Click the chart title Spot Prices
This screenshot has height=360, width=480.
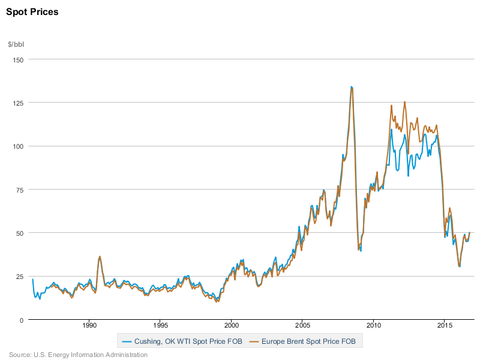pos(32,12)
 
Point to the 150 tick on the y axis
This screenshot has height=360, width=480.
pos(17,59)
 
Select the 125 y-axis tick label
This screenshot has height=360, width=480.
pos(17,103)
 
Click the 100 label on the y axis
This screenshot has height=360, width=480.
pos(17,146)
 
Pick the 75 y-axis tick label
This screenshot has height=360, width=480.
pos(19,189)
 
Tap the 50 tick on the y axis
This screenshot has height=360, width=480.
pos(19,232)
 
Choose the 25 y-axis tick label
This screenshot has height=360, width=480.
pos(19,276)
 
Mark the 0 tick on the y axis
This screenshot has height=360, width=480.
pos(21,319)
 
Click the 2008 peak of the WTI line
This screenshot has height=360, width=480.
pos(351,87)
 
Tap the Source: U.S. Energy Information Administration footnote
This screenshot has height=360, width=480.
pos(78,355)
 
